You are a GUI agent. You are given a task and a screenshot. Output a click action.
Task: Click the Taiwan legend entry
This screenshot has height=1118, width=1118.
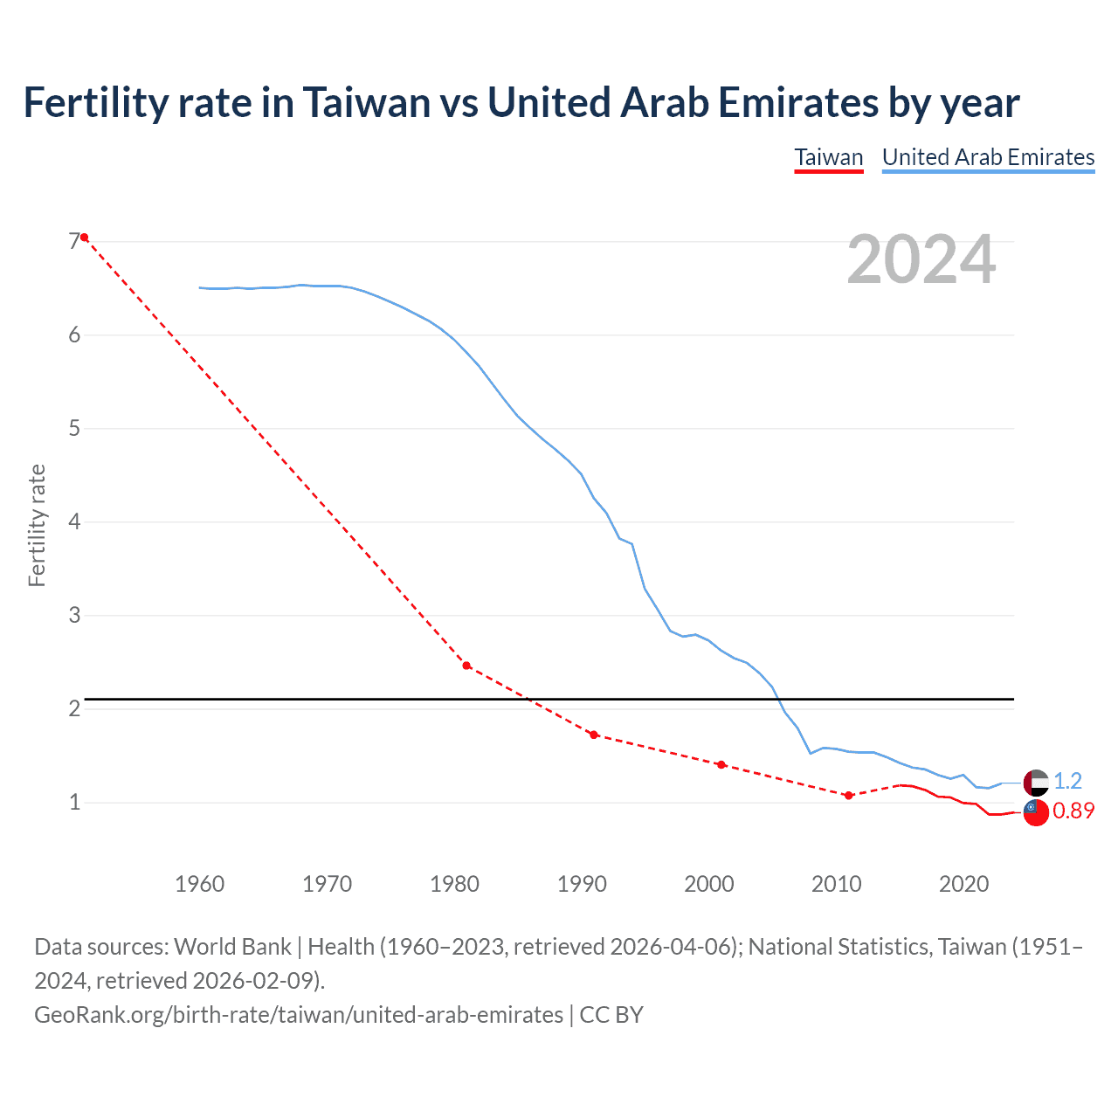(x=828, y=157)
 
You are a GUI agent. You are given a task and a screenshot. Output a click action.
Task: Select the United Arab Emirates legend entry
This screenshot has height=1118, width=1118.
(x=988, y=157)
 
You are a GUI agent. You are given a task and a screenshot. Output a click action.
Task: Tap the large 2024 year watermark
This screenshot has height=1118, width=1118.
(x=921, y=259)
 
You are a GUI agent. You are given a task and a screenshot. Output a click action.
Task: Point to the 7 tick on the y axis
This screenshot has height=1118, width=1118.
(x=74, y=241)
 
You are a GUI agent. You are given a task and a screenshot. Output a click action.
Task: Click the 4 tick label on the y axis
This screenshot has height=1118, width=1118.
(x=74, y=521)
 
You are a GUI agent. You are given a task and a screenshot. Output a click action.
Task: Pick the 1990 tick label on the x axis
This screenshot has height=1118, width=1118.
(x=582, y=884)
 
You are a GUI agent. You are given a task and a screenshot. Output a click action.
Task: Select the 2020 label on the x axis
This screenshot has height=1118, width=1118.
(x=963, y=884)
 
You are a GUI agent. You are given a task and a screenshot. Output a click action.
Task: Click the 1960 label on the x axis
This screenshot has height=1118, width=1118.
(x=200, y=884)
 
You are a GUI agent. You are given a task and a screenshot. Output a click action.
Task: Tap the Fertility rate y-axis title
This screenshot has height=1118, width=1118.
(x=37, y=525)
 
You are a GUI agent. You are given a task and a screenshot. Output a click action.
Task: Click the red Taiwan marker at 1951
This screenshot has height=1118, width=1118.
(x=85, y=238)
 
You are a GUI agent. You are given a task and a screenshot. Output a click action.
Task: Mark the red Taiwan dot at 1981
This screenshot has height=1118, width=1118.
(x=466, y=666)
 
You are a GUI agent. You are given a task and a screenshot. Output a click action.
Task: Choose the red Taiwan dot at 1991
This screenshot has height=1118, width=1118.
(x=594, y=735)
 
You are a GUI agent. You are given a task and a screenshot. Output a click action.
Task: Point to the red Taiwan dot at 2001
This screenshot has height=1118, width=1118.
(x=721, y=764)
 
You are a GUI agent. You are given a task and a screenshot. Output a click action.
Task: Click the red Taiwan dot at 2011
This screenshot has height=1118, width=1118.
(x=848, y=795)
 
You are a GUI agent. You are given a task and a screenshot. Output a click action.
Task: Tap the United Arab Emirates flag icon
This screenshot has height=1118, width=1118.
(x=1036, y=783)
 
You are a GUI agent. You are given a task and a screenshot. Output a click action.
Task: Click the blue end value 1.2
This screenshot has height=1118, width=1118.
(x=1067, y=781)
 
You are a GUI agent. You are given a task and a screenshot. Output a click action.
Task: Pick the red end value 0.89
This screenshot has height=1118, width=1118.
(x=1073, y=811)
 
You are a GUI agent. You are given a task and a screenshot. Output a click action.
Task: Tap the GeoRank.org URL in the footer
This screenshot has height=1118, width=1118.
(x=299, y=1015)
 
